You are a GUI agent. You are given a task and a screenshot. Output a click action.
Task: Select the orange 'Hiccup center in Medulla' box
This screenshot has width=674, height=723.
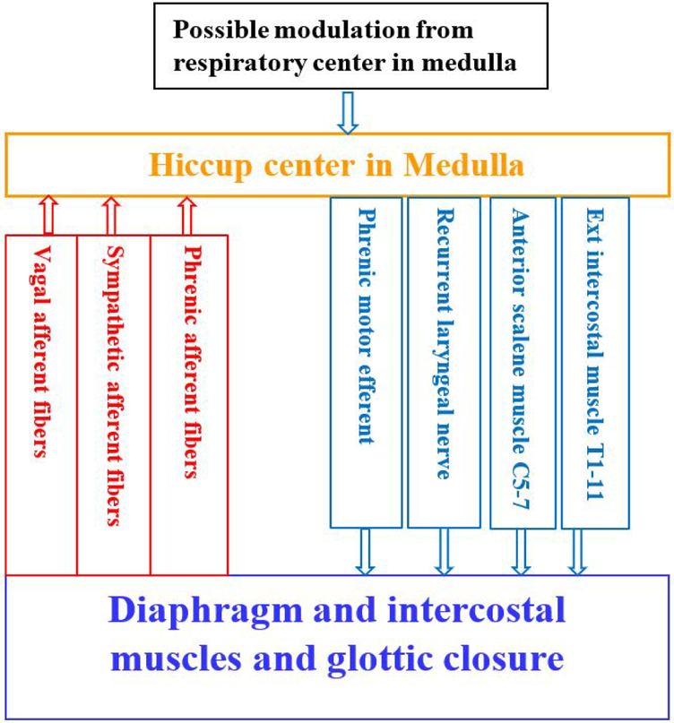tap(338, 166)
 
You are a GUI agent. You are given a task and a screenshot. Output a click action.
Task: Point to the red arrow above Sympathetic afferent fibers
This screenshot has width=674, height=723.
tap(110, 215)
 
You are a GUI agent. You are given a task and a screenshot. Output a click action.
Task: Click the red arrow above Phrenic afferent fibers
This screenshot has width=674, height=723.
tap(186, 215)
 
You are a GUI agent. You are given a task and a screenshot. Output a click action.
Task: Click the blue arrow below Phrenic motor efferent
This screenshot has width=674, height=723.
tap(366, 551)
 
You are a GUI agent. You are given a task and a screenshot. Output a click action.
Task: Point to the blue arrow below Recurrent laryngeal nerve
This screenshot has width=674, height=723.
tap(443, 551)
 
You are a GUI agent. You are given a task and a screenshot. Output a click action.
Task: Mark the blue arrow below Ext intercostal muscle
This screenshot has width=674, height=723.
tap(578, 551)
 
